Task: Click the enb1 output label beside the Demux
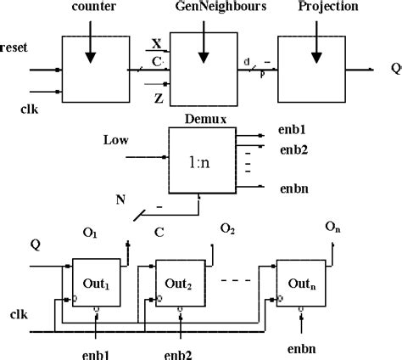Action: tap(294, 134)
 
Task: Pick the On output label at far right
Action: tap(334, 227)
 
